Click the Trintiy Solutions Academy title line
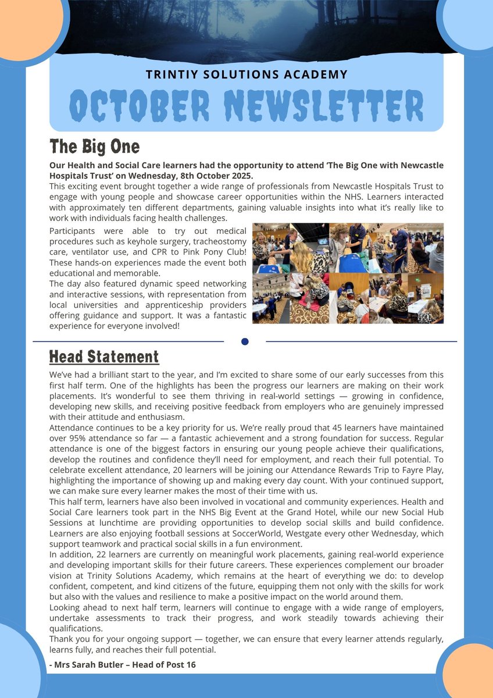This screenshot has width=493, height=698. tap(246, 74)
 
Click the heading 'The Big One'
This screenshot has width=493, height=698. tap(94, 145)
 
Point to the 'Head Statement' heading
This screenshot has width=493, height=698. tap(103, 356)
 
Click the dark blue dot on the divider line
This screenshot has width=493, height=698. tap(245, 341)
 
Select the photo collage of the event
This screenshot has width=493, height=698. tap(348, 273)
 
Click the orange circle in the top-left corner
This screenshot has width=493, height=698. tap(23, 23)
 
